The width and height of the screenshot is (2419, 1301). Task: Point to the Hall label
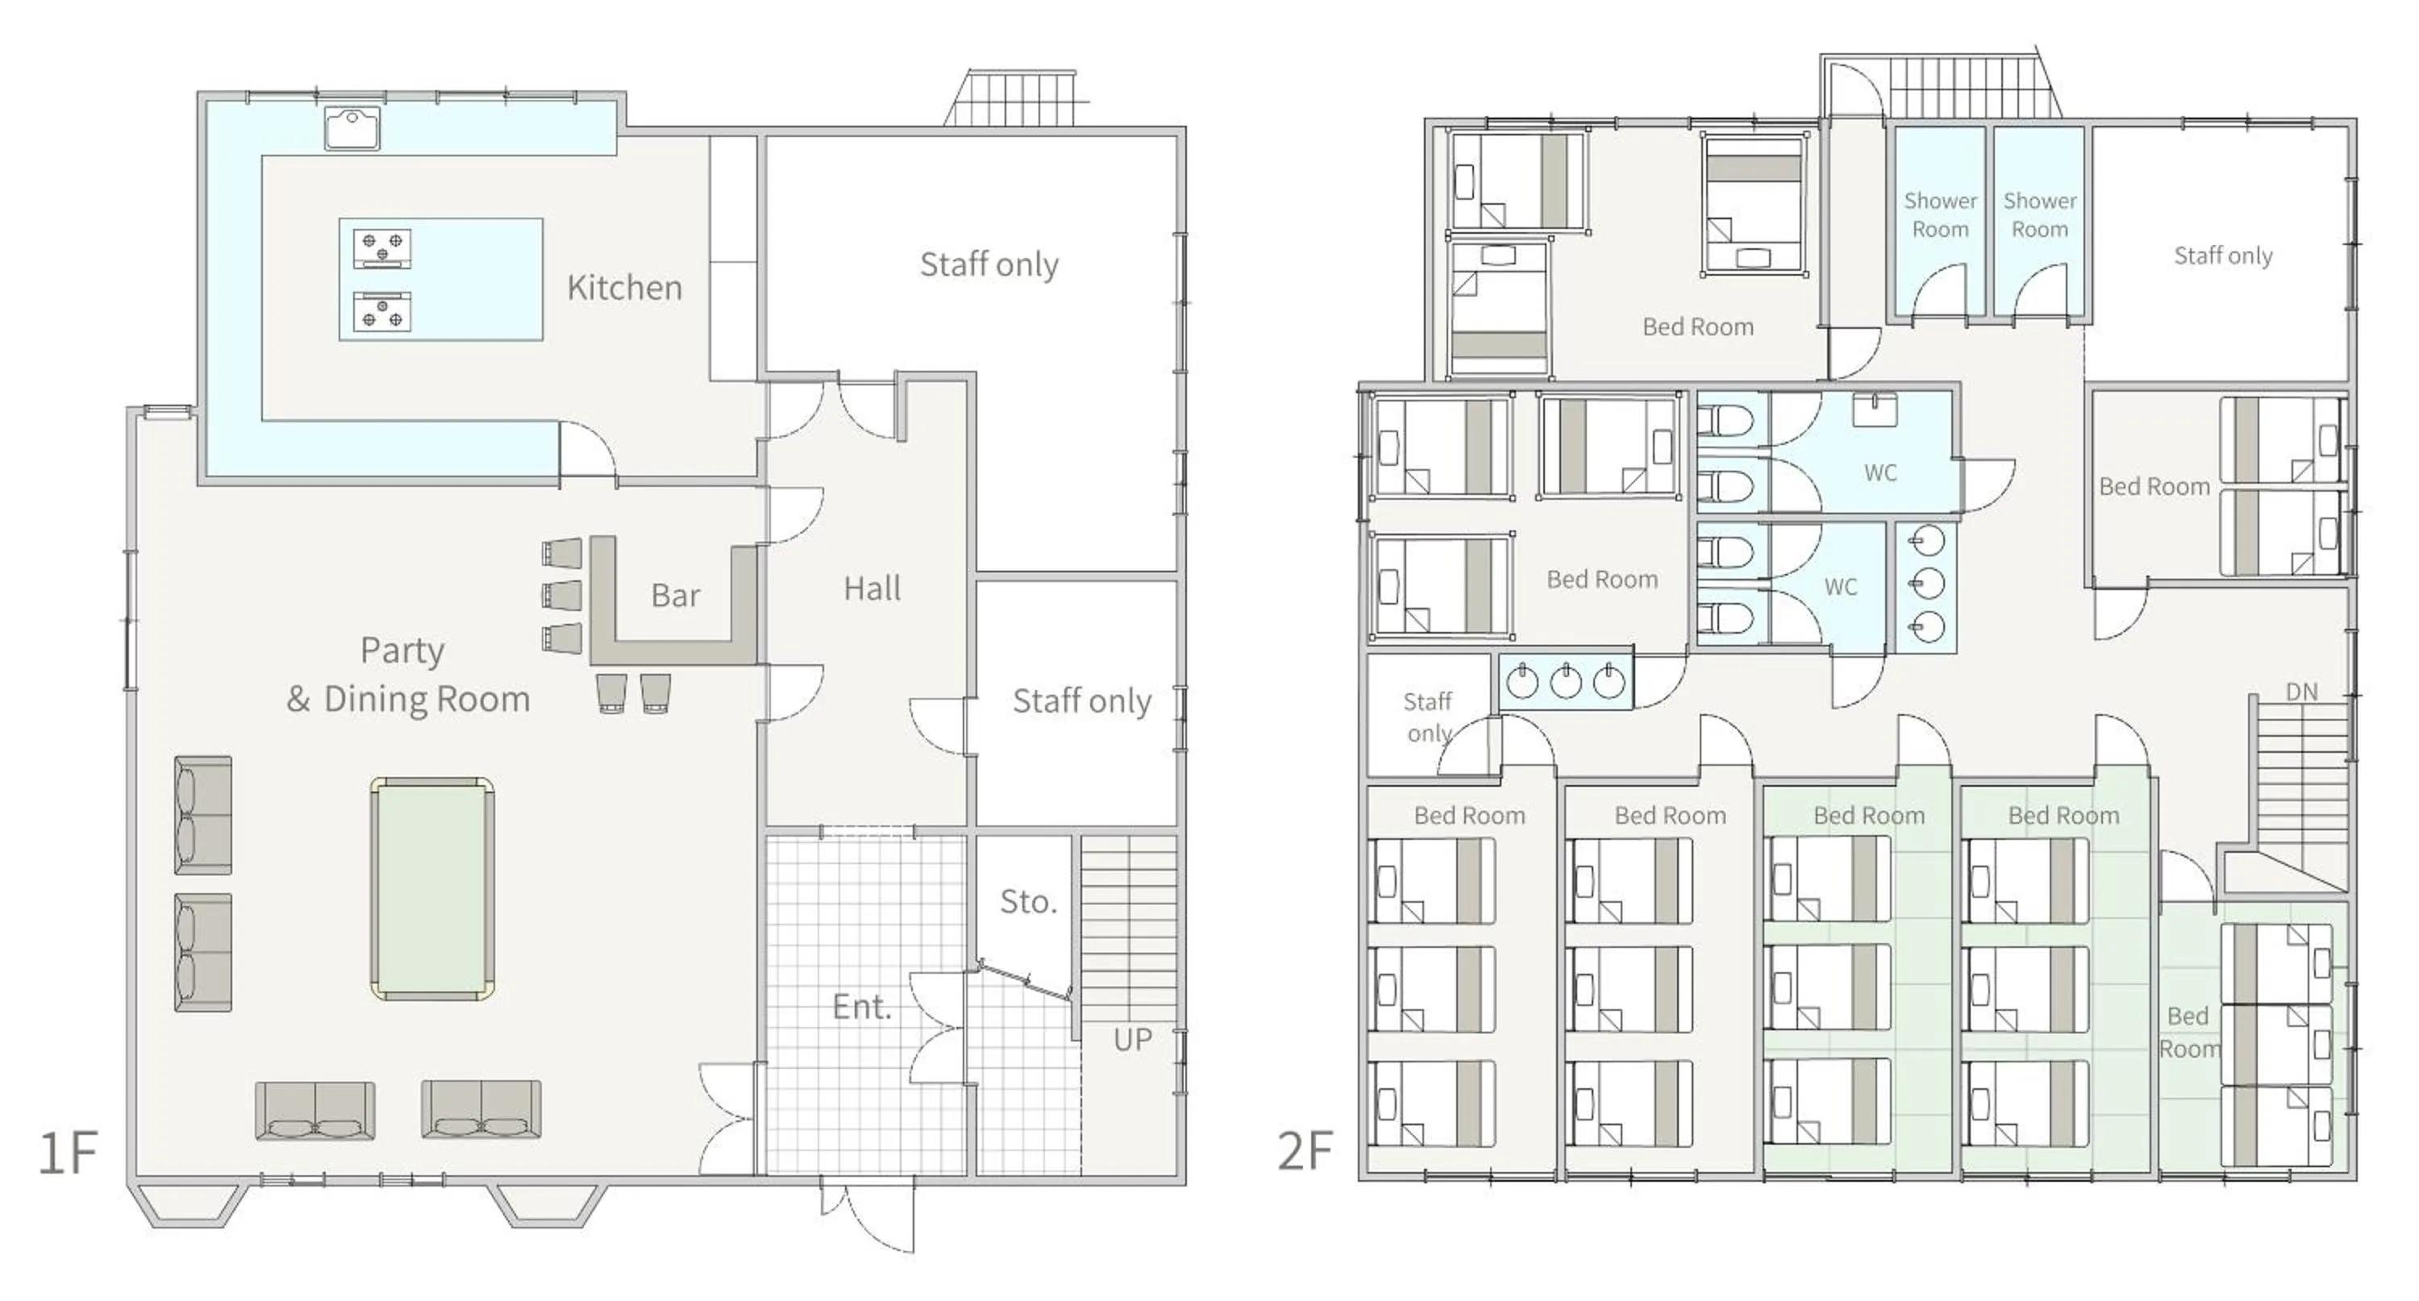[x=872, y=589]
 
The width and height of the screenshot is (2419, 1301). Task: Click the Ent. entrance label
[x=861, y=1008]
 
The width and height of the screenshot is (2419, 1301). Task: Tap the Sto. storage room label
[x=1028, y=902]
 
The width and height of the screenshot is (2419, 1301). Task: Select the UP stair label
[x=1133, y=1040]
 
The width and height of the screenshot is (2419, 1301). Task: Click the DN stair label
[x=2300, y=692]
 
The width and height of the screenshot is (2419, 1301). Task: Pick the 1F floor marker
[x=68, y=1153]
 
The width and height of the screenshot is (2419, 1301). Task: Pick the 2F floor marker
[x=1305, y=1152]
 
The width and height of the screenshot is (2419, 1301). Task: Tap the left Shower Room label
[x=1940, y=215]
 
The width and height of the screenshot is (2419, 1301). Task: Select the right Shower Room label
[x=2040, y=215]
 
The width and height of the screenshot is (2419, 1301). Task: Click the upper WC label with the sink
[x=1880, y=473]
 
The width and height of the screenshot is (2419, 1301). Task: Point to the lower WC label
[x=1841, y=588]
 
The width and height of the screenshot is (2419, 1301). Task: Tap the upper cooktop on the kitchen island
[x=382, y=247]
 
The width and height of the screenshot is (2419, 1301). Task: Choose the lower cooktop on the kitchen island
[x=382, y=313]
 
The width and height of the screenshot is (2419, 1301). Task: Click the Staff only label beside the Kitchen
[x=989, y=264]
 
